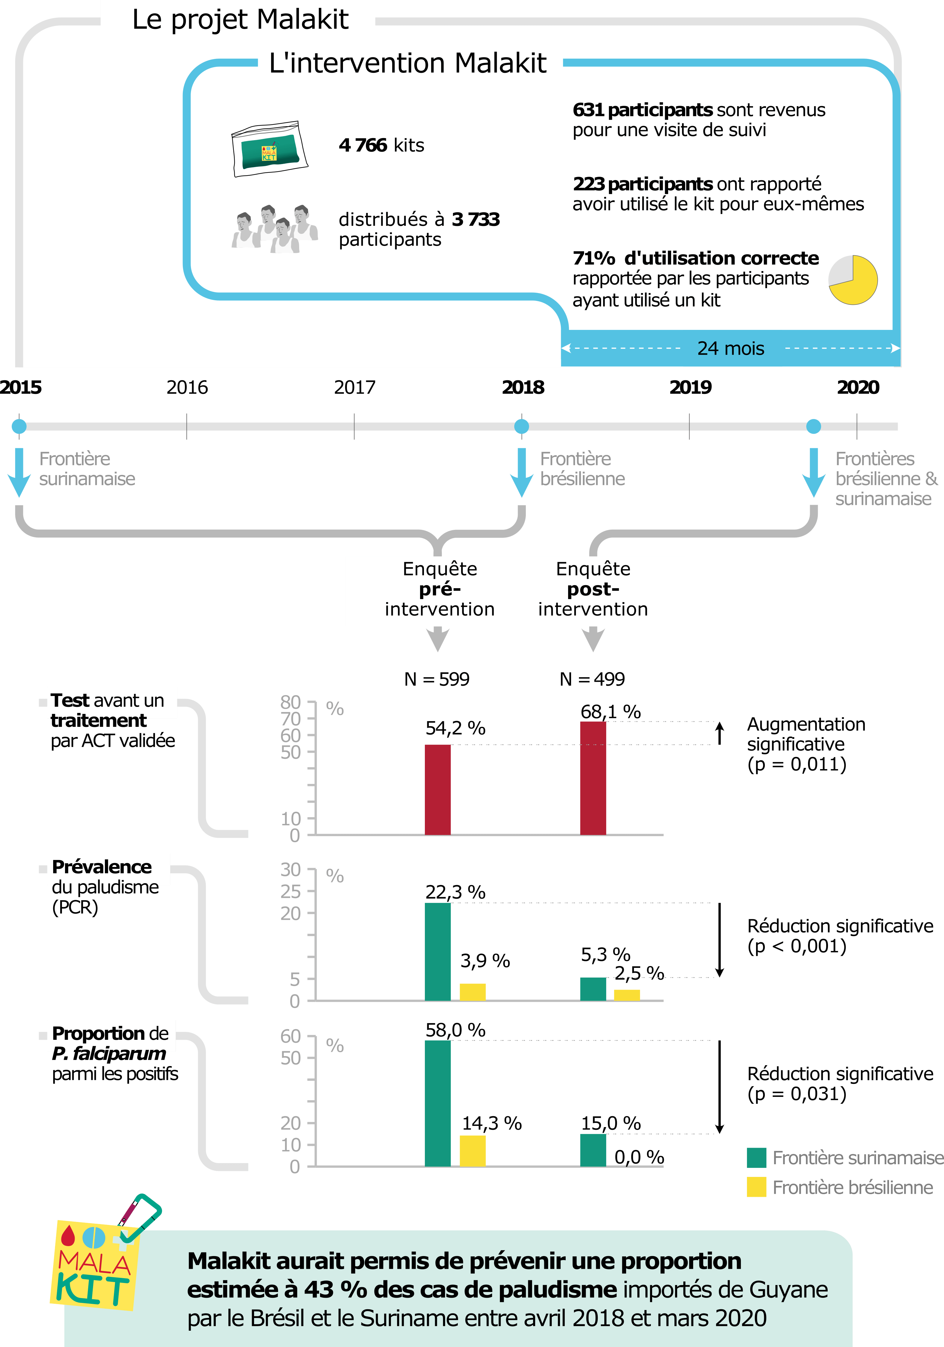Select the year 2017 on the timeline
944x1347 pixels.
point(354,387)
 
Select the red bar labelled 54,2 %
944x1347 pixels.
point(438,790)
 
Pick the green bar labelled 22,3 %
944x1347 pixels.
point(438,952)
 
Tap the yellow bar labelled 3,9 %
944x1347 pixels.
point(472,992)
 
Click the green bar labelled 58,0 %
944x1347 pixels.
point(438,1104)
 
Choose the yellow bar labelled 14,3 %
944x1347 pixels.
point(472,1151)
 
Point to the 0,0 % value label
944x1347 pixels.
point(639,1158)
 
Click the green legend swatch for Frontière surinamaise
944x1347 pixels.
point(756,1158)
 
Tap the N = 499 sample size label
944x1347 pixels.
point(592,679)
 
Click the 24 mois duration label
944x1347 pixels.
point(730,349)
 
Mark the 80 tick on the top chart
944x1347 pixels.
point(290,702)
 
